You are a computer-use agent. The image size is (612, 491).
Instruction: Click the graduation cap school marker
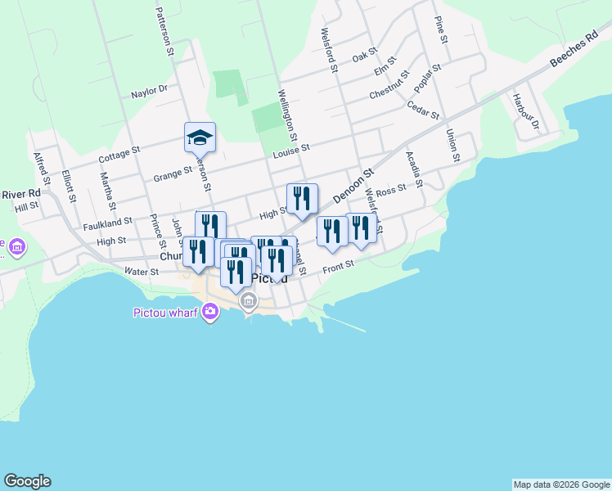point(200,137)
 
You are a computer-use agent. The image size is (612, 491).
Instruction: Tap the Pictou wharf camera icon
point(211,311)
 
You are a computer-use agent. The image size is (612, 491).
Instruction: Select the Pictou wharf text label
point(165,312)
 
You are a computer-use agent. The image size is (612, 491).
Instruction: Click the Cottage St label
point(120,153)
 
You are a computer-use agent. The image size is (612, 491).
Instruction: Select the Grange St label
point(172,174)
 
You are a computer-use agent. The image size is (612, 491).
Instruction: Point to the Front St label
point(337,265)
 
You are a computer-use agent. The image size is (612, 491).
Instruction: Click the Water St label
point(142,271)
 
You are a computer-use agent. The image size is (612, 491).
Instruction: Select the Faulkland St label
point(107,223)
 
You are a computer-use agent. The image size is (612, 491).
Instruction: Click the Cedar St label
point(423,110)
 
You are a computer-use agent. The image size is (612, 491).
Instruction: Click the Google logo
point(27,481)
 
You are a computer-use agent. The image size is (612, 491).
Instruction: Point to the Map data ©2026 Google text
point(561,484)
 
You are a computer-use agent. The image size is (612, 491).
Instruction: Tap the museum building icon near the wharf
point(249,303)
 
